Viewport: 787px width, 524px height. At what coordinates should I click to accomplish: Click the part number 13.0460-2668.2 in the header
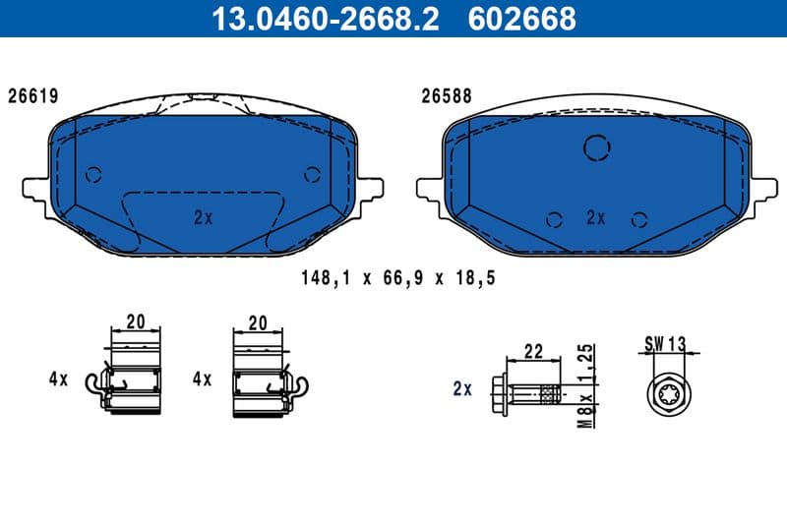click(326, 18)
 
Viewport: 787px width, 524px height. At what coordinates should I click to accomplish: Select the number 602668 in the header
click(525, 18)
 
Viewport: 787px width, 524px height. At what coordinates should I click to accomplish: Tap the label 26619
click(33, 96)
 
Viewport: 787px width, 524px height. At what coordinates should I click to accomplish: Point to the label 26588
click(447, 96)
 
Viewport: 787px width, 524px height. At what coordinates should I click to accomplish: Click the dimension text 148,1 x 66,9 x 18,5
click(396, 278)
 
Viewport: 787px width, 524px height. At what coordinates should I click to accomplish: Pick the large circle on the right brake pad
click(597, 147)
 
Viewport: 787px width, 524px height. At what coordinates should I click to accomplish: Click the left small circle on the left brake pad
click(94, 175)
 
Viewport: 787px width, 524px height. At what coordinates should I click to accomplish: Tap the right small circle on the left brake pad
click(313, 175)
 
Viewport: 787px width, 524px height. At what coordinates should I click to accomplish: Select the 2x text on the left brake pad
click(203, 218)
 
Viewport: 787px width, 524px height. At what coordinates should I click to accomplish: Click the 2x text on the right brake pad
click(595, 218)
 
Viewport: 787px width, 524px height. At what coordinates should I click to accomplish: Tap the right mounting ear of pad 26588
click(762, 187)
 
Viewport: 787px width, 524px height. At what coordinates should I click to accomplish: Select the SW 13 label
click(665, 343)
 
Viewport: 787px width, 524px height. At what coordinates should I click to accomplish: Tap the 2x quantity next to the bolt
click(462, 389)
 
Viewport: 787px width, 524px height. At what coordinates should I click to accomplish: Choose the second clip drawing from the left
click(259, 378)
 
